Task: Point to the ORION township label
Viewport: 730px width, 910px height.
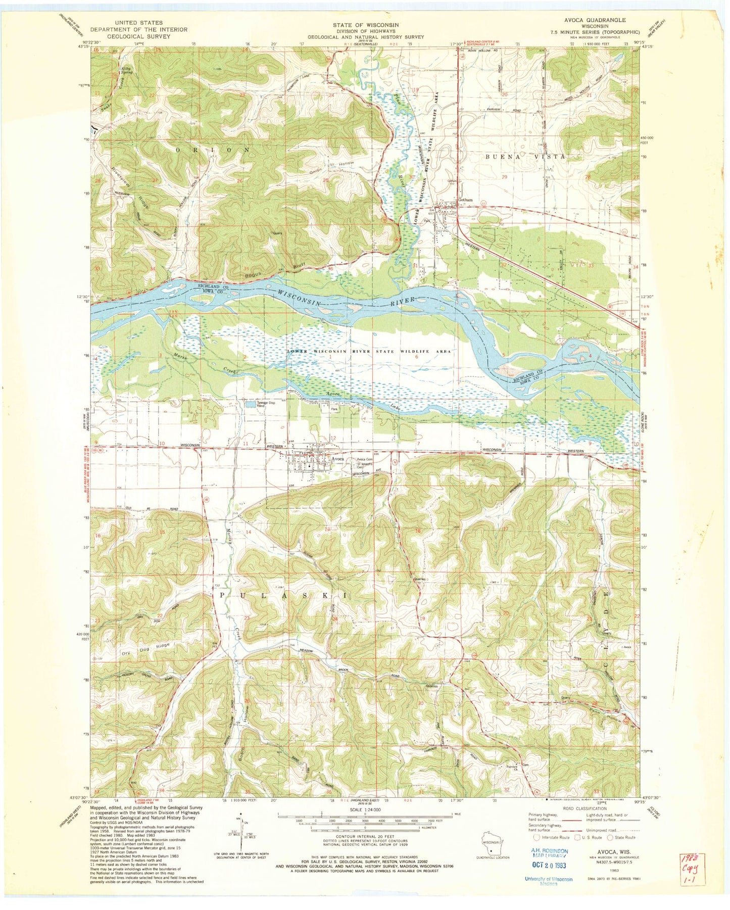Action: pos(212,150)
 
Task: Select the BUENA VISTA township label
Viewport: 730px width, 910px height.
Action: pos(525,157)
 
